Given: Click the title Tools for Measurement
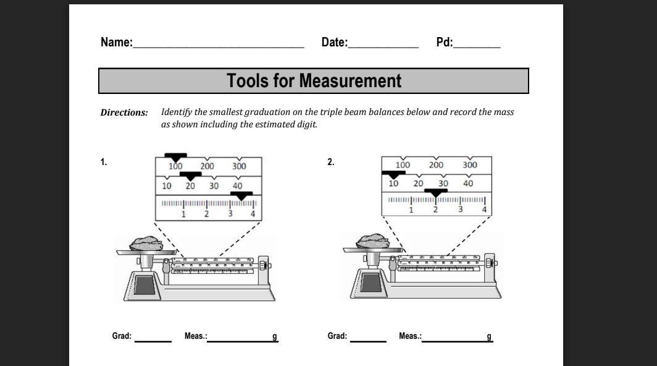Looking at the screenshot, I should tap(314, 81).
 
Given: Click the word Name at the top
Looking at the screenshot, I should tap(116, 43).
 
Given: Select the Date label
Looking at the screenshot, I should tap(334, 43).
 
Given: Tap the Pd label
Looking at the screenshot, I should tap(444, 43).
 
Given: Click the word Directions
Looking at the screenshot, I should tap(124, 113).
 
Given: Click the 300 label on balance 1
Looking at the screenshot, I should tap(239, 166).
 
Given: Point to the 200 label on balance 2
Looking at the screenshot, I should tap(436, 165).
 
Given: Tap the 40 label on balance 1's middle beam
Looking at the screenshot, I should tap(237, 185).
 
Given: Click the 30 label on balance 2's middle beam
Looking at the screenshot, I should tap(443, 184).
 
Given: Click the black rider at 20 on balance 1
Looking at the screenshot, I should tap(191, 176).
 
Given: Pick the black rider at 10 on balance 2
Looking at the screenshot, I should tap(393, 174).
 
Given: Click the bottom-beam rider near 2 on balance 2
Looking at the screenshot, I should tap(436, 193).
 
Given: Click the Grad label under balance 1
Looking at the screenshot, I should tap(122, 336).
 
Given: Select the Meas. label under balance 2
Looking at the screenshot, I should tap(410, 336).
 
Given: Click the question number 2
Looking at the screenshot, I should tap(331, 163).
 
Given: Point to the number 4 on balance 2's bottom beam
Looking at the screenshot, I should tap(484, 210).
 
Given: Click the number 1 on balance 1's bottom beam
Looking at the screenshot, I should tap(183, 215).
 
